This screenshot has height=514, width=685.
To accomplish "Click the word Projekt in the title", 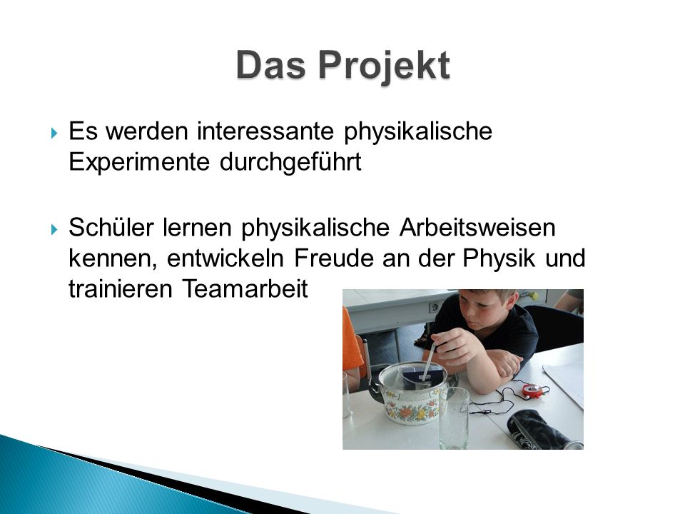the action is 384,66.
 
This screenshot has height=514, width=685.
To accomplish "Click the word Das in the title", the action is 270,65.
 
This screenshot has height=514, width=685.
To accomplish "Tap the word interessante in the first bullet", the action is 265,131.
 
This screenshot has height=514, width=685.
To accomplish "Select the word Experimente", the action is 139,162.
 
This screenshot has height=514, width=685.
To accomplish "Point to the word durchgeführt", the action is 290,162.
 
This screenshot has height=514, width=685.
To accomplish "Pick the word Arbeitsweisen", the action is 477,227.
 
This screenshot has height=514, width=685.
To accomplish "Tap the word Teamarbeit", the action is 245,289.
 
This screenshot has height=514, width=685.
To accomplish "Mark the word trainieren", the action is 120,289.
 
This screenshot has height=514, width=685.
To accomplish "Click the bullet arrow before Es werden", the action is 54,133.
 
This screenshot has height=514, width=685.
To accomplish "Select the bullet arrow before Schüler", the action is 54,229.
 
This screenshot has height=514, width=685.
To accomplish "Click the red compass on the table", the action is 534,390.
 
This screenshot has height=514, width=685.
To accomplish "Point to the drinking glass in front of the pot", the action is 454,418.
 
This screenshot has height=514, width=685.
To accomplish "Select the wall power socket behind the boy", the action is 435,308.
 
